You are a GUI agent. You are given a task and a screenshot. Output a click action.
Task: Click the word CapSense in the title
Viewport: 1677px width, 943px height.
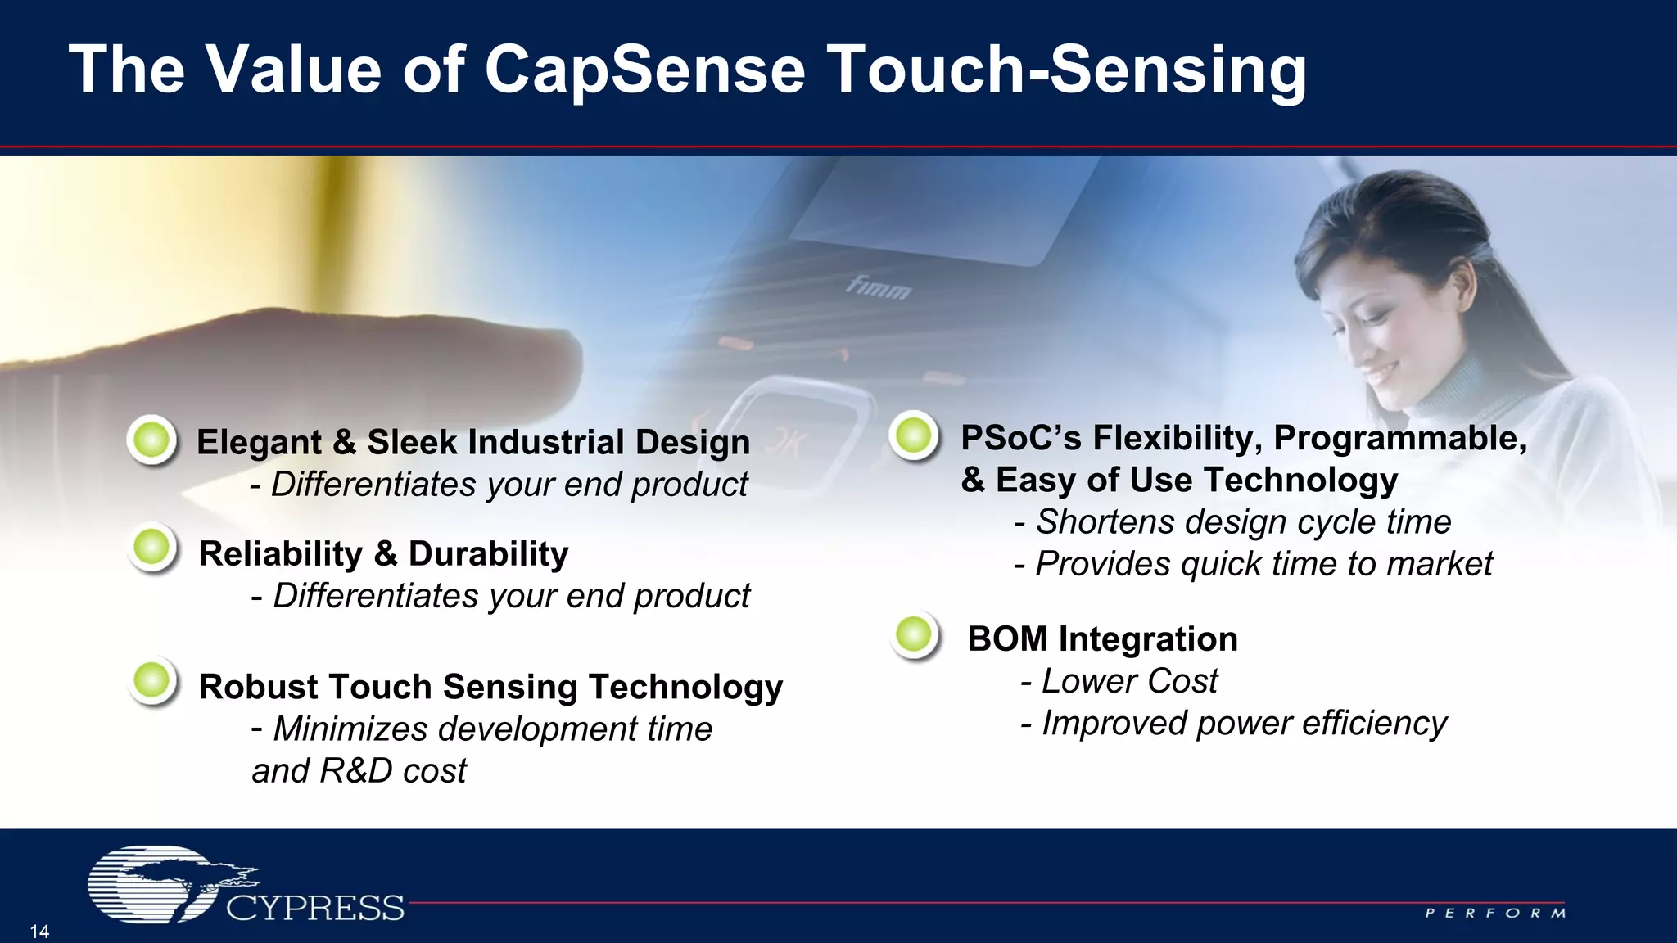coord(644,70)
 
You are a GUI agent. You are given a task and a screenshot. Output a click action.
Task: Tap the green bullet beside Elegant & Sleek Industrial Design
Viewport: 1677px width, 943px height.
coord(152,440)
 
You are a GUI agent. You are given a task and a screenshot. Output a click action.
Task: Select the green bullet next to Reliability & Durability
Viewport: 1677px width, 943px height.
coord(152,547)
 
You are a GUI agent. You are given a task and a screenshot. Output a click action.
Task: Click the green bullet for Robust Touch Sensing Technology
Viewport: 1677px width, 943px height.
coord(152,680)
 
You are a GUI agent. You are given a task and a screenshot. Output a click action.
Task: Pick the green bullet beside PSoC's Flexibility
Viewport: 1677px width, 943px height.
coord(914,435)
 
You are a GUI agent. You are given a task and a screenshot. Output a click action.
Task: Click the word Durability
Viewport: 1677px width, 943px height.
coord(488,554)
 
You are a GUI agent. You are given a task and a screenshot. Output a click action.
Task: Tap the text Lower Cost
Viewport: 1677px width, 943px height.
coord(1129,681)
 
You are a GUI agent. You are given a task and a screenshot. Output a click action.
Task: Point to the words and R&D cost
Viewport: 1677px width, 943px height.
coord(359,771)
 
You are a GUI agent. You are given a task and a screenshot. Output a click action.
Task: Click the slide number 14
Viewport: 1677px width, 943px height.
coord(39,932)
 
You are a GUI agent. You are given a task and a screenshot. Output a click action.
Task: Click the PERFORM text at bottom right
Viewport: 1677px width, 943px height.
coord(1495,913)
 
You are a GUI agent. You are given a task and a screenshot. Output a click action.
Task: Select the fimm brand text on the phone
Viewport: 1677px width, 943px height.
coord(878,287)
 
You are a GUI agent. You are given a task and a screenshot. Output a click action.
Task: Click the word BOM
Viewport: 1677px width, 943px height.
coord(1007,639)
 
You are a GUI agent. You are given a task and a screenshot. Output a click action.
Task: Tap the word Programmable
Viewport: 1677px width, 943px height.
coord(1399,438)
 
